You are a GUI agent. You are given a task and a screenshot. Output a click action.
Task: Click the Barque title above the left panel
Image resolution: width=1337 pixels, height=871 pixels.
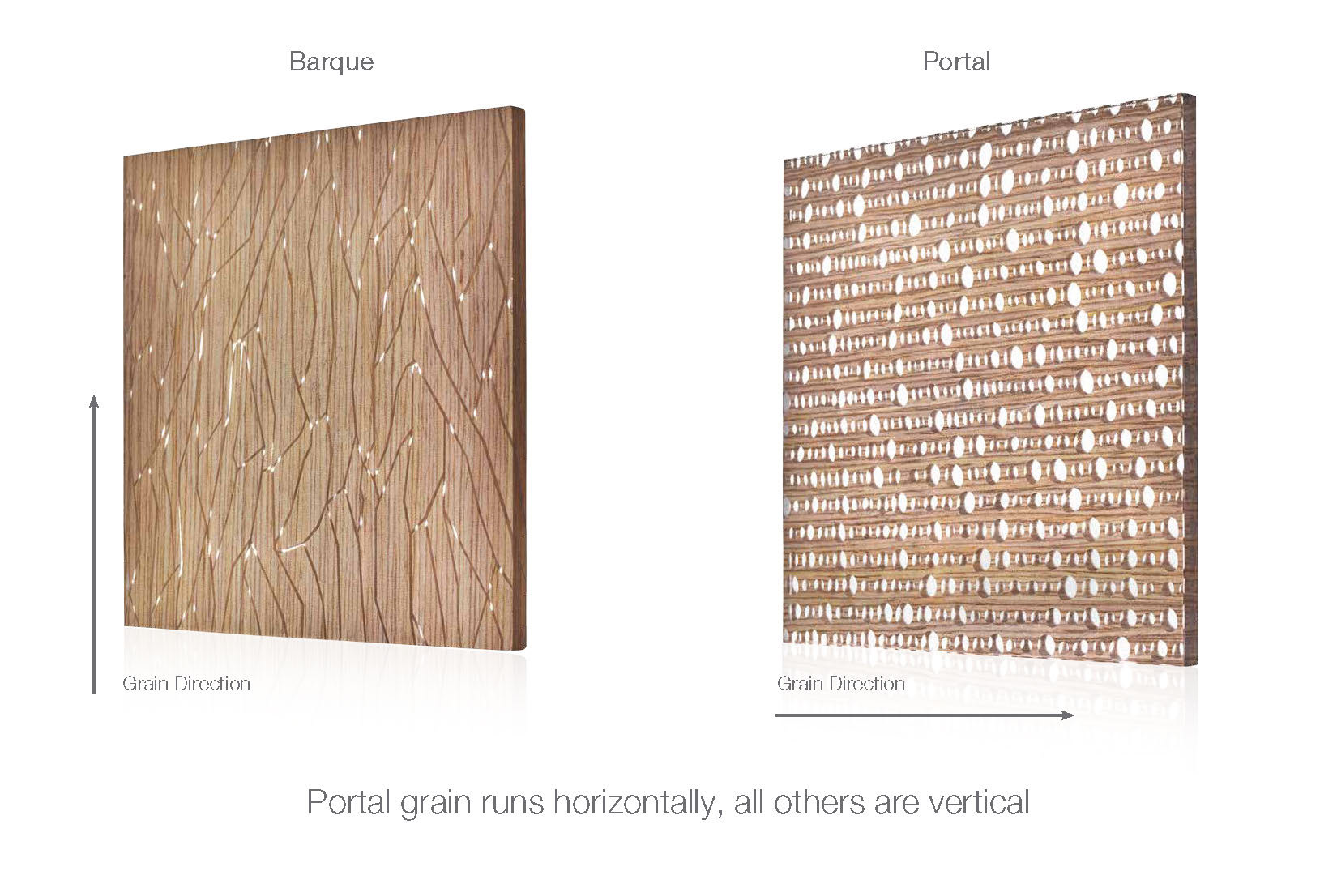point(331,62)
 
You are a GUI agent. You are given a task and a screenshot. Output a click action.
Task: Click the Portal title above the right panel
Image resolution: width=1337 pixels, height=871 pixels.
point(956,61)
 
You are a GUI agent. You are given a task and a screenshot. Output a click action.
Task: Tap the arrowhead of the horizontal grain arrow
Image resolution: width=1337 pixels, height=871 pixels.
point(1067,715)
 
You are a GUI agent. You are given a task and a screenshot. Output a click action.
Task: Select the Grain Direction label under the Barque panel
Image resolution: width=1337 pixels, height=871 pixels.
point(186,684)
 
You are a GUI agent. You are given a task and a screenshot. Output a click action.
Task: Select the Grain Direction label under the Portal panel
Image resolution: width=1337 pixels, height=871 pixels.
point(840,684)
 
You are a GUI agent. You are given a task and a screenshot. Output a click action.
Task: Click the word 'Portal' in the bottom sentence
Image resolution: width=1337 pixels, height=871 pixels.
point(348,802)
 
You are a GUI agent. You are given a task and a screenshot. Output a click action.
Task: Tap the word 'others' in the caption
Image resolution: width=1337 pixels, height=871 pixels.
point(819,802)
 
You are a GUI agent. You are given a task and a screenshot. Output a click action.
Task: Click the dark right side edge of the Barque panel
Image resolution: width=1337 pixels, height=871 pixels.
point(519,378)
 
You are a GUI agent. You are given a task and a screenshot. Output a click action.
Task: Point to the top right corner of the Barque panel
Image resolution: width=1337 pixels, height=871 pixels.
point(524,108)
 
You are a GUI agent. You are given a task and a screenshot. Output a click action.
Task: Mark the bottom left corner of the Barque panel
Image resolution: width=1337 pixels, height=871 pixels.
point(124,626)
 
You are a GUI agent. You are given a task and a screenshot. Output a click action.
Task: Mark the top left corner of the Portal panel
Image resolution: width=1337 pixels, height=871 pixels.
point(784,160)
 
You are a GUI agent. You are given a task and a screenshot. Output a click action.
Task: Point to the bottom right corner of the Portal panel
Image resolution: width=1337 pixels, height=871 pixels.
point(1196,664)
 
